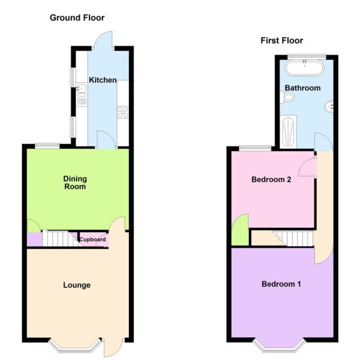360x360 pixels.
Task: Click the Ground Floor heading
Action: (77, 17)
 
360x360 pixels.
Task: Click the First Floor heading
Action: (282, 41)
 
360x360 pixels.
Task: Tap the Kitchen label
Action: (103, 80)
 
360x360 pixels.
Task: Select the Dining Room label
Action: (75, 182)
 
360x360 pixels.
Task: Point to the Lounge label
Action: (77, 285)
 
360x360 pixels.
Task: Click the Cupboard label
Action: (92, 239)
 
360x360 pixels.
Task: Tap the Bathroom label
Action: (302, 88)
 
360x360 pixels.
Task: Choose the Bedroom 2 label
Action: (271, 179)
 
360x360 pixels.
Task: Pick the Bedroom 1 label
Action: (281, 284)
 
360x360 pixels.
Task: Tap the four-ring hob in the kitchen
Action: (123, 112)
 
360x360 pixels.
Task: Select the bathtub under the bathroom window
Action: (305, 67)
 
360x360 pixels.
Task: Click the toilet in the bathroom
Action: (287, 97)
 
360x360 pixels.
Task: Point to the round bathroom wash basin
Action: (329, 107)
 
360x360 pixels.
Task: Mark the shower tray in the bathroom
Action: (288, 132)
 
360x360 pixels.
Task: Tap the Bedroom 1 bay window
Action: (279, 346)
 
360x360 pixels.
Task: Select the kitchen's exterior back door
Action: (103, 40)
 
